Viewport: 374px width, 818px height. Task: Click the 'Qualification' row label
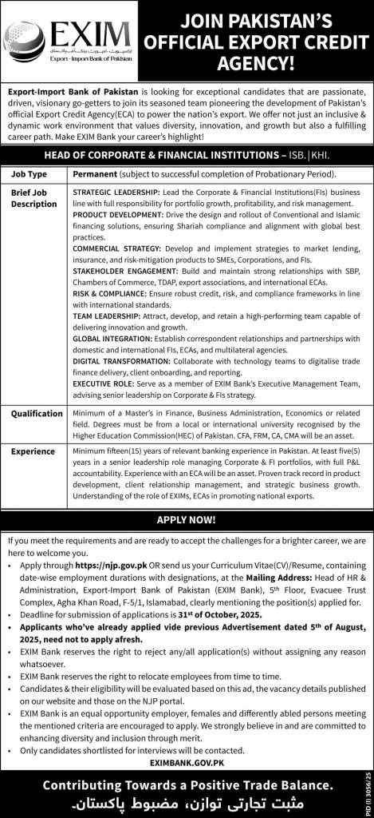click(x=36, y=414)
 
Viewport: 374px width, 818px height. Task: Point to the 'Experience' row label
click(x=33, y=451)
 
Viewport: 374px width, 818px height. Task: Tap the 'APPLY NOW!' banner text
click(x=187, y=518)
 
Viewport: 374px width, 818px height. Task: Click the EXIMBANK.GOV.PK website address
click(x=187, y=763)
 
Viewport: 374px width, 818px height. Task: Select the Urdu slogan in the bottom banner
click(x=187, y=802)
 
